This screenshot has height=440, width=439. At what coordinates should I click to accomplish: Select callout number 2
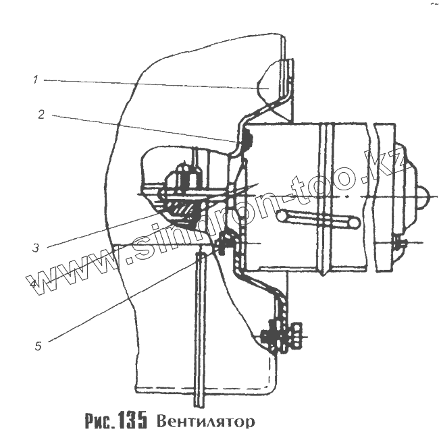[41, 115]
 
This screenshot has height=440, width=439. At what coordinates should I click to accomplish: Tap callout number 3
[34, 248]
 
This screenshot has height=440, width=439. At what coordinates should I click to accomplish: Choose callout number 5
[38, 346]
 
